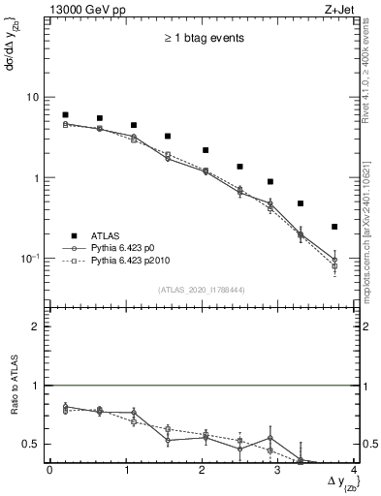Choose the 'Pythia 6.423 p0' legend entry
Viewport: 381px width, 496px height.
(x=133, y=249)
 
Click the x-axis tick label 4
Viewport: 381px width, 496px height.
(x=355, y=472)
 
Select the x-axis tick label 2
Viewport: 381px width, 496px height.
(x=202, y=472)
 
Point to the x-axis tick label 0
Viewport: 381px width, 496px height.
(x=49, y=472)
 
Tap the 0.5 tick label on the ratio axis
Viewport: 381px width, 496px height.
(x=32, y=445)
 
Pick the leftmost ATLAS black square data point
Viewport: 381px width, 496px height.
(x=65, y=114)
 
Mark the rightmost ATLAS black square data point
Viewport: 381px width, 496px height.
(x=334, y=227)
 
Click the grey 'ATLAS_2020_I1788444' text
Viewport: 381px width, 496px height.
(x=201, y=290)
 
